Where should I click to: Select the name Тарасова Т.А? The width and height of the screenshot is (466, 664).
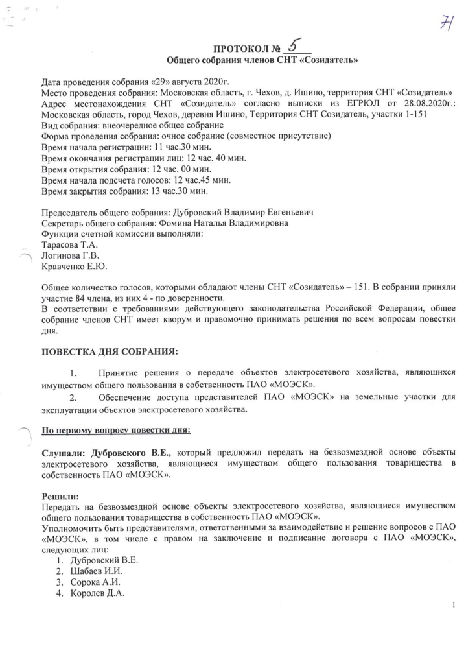tap(67, 246)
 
